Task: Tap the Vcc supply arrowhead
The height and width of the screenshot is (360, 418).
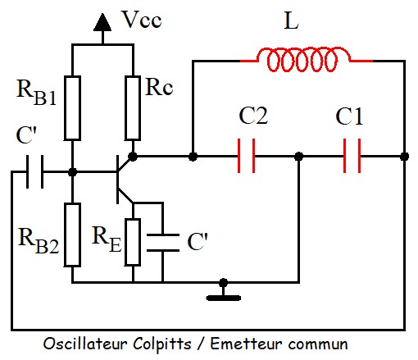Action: tap(102, 22)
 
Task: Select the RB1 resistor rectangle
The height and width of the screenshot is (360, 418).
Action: tap(72, 108)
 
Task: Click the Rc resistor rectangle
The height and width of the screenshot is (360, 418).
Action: tap(133, 108)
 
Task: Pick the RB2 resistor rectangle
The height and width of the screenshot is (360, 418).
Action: tap(72, 235)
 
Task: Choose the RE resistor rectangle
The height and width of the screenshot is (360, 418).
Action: tap(133, 242)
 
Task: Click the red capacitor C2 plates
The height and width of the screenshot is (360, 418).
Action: tap(246, 156)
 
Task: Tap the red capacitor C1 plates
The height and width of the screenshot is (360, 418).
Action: tap(352, 156)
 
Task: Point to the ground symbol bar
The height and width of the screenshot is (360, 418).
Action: tap(224, 298)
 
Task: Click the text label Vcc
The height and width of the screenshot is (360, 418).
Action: tap(142, 19)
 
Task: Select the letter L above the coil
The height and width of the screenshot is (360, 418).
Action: tap(291, 21)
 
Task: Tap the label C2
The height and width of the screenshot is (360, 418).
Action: tap(253, 116)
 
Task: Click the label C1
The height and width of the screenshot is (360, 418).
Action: tap(349, 116)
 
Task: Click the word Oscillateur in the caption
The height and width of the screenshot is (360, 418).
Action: tap(85, 344)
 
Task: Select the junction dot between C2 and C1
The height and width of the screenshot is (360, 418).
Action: tap(299, 157)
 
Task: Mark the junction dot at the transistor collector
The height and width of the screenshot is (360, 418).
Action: tap(133, 157)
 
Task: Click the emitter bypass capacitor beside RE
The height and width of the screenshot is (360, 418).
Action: tap(163, 243)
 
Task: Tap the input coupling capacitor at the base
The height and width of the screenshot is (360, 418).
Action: tap(34, 171)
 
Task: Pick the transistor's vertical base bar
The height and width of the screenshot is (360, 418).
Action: tap(117, 180)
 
